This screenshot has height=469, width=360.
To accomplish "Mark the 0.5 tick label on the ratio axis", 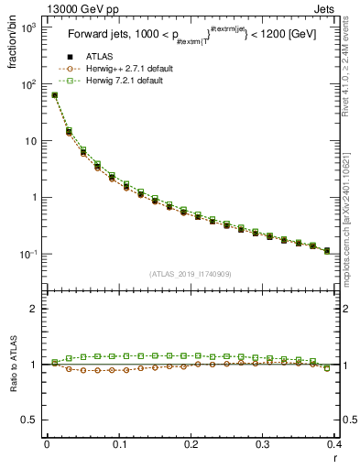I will point(29,420).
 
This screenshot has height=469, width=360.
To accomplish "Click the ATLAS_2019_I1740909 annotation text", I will point(190,274).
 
